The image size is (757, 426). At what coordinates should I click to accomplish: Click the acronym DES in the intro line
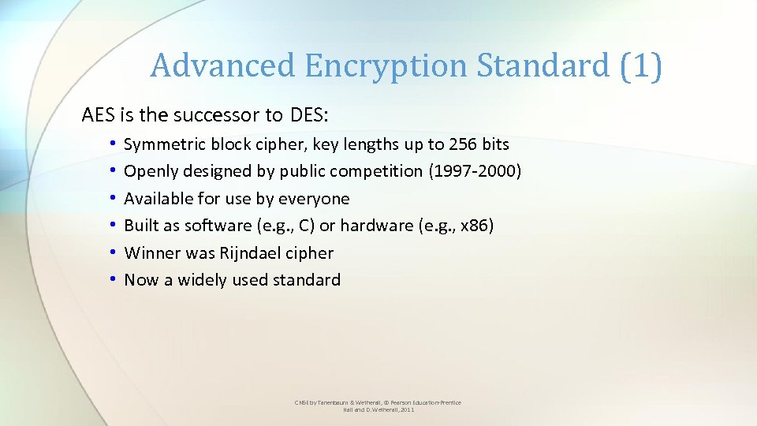tap(308, 115)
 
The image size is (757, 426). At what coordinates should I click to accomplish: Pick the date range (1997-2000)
tap(475, 171)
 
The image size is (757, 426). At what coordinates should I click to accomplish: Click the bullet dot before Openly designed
tap(114, 171)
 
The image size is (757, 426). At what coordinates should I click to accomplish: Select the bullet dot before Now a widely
tap(114, 280)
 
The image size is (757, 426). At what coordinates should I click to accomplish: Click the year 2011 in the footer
tap(407, 410)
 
